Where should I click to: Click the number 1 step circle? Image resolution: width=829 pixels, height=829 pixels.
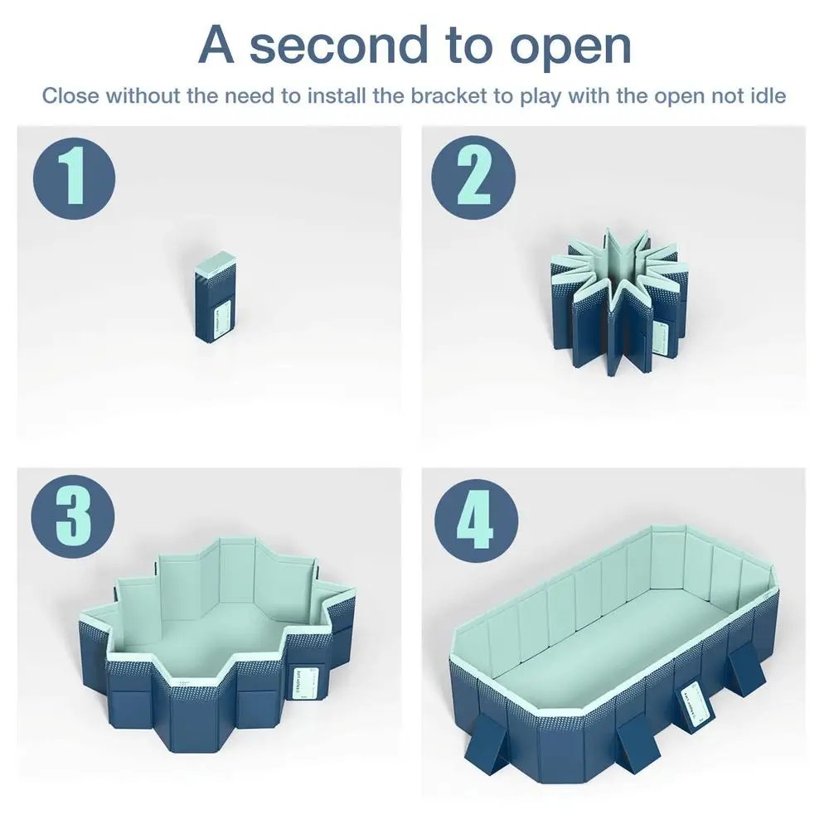(74, 178)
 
